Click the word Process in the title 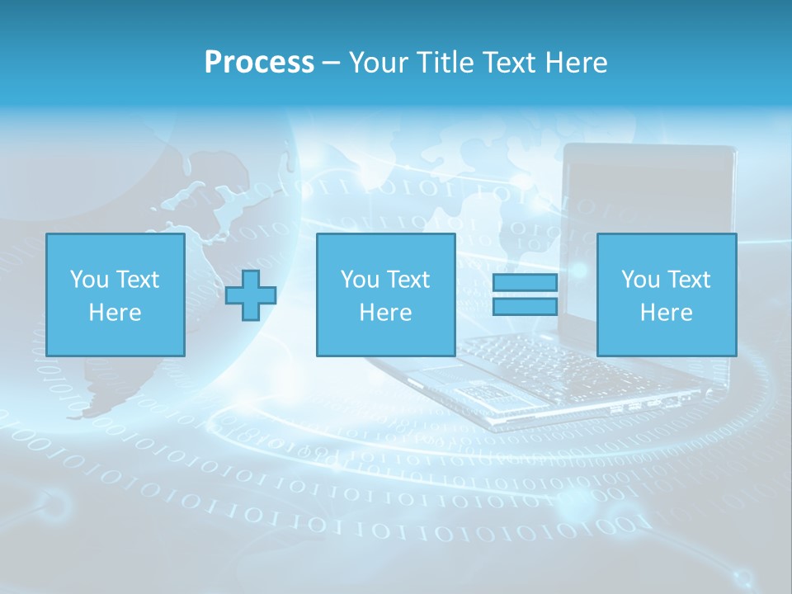point(259,63)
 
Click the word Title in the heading point(443,63)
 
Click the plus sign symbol point(251,295)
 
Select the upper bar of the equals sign point(525,283)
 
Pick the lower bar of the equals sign point(525,307)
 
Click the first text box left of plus point(115,295)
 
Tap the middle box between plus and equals point(385,295)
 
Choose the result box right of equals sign point(666,295)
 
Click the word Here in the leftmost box point(115,313)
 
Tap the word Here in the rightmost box point(666,313)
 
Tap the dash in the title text point(332,63)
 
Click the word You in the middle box point(361,280)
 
